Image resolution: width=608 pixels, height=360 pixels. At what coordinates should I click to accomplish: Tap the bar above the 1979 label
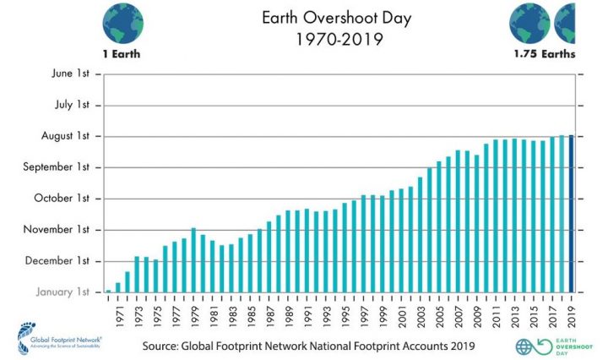[x=193, y=260]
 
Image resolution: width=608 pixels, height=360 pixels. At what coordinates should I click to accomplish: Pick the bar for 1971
[x=118, y=287]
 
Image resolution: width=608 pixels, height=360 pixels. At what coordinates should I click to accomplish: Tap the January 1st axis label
[x=63, y=292]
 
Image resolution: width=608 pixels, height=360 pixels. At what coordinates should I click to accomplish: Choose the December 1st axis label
[x=61, y=261]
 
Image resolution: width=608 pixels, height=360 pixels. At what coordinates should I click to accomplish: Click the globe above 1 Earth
[x=121, y=24]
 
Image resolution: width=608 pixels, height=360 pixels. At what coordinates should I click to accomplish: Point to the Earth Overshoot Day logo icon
[x=526, y=346]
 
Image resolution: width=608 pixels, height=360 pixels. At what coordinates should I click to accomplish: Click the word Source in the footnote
[x=163, y=346]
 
